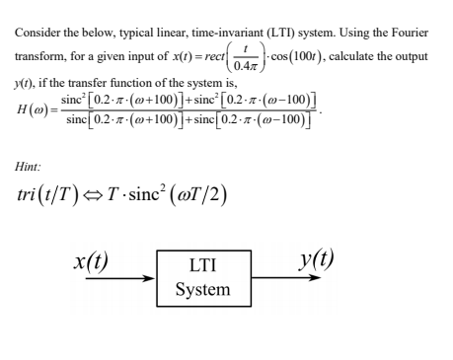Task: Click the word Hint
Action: click(x=30, y=170)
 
